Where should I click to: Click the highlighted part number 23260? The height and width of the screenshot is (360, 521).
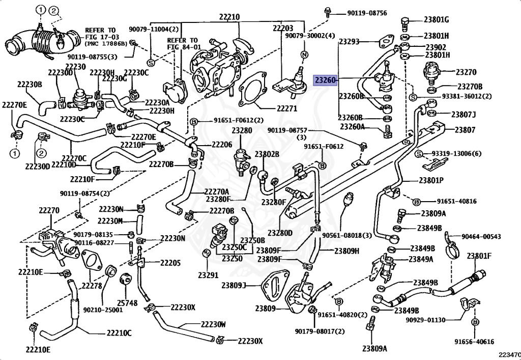coord(326,80)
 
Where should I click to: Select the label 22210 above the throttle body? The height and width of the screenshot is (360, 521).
coord(229,17)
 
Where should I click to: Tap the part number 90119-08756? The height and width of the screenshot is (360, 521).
coord(367,13)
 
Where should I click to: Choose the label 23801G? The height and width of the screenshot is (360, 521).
coord(436,20)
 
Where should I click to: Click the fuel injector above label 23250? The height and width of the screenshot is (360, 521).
coord(222,236)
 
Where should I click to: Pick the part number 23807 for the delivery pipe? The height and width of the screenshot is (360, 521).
coord(465,130)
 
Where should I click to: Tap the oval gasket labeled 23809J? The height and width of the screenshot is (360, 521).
coord(274,286)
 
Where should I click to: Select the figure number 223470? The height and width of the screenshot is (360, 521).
coord(509,355)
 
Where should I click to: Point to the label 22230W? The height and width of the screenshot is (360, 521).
coord(213,324)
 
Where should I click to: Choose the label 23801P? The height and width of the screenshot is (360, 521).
coord(431,180)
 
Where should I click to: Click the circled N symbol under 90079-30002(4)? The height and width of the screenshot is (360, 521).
coord(304,55)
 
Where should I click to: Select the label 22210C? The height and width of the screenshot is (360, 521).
coord(119,333)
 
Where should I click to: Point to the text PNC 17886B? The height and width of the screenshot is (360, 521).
coord(106,43)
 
